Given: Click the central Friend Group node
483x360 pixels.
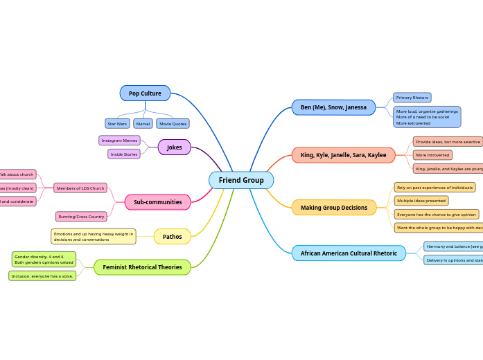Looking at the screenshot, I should coord(241,180).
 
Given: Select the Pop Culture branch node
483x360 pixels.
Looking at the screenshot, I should coord(145,93).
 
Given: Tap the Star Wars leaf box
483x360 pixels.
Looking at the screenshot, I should coord(117,123).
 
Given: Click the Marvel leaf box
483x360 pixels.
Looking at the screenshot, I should coord(143,123).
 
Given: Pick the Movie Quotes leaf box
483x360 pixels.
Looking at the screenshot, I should coord(173,123).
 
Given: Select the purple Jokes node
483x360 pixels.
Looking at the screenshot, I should coord(174,147).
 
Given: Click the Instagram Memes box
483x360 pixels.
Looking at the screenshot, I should coord(119,141).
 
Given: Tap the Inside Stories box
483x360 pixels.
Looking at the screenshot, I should coord(124,154).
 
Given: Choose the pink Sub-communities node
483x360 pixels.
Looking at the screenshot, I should coord(157,202).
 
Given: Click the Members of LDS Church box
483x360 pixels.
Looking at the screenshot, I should coord(80,188).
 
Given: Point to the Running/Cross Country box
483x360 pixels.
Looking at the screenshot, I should coord(81,217).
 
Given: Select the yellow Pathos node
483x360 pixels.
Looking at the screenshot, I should coord(172,237).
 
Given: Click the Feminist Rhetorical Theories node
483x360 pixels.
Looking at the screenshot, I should coord(142,267).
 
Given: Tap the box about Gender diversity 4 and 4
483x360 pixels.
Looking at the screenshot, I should coord(44,260).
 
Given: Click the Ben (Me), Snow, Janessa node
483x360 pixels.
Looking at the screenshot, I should coord(333,107).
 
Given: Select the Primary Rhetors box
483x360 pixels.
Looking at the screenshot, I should coord(412,98).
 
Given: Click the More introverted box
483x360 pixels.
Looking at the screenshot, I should coord(432,155).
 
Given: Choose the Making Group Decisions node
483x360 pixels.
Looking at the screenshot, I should coord(334,208).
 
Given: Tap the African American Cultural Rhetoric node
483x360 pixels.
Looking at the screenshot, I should coord(349,253).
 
